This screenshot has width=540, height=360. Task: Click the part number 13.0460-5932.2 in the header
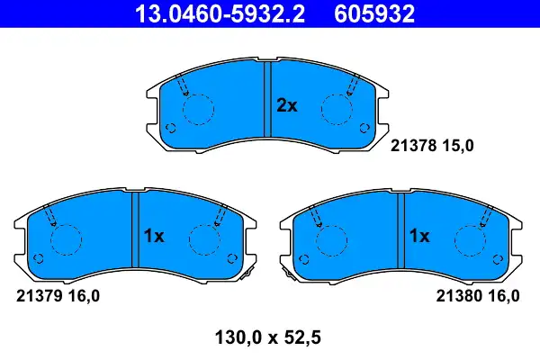[220, 13]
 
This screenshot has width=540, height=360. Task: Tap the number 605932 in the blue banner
[374, 13]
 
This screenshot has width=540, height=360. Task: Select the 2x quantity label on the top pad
[287, 106]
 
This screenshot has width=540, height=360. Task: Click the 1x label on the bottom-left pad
[154, 236]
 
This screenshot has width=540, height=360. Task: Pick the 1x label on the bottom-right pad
[419, 236]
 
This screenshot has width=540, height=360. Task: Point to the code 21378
[414, 146]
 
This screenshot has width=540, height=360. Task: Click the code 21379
[40, 296]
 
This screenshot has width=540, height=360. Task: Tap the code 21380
[459, 296]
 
